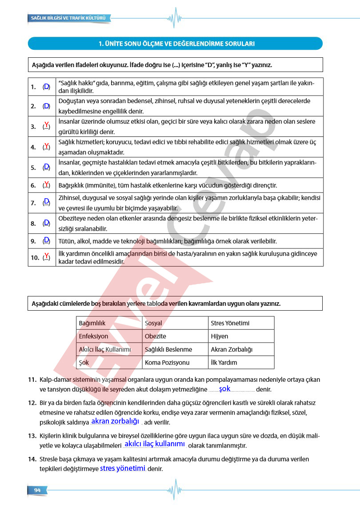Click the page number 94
click(x=37, y=490)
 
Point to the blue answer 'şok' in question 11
click(x=225, y=388)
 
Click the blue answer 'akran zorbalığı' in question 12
click(x=115, y=421)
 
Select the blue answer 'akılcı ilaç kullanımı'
click(x=155, y=444)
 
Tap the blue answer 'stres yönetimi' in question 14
click(x=123, y=468)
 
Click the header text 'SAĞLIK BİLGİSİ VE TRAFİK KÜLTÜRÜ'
click(x=68, y=18)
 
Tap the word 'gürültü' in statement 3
click(x=68, y=132)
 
